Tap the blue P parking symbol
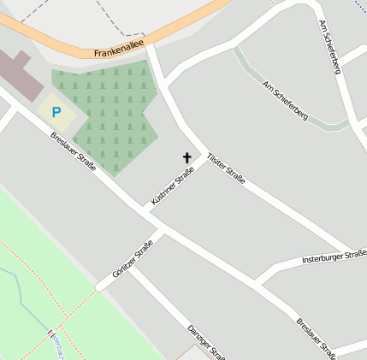[56, 112]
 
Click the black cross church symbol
[187, 158]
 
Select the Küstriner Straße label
[173, 185]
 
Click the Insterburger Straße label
[334, 258]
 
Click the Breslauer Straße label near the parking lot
[73, 150]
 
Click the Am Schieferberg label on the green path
[284, 100]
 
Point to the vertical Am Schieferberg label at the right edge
[329, 46]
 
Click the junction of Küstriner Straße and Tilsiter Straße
[206, 154]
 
